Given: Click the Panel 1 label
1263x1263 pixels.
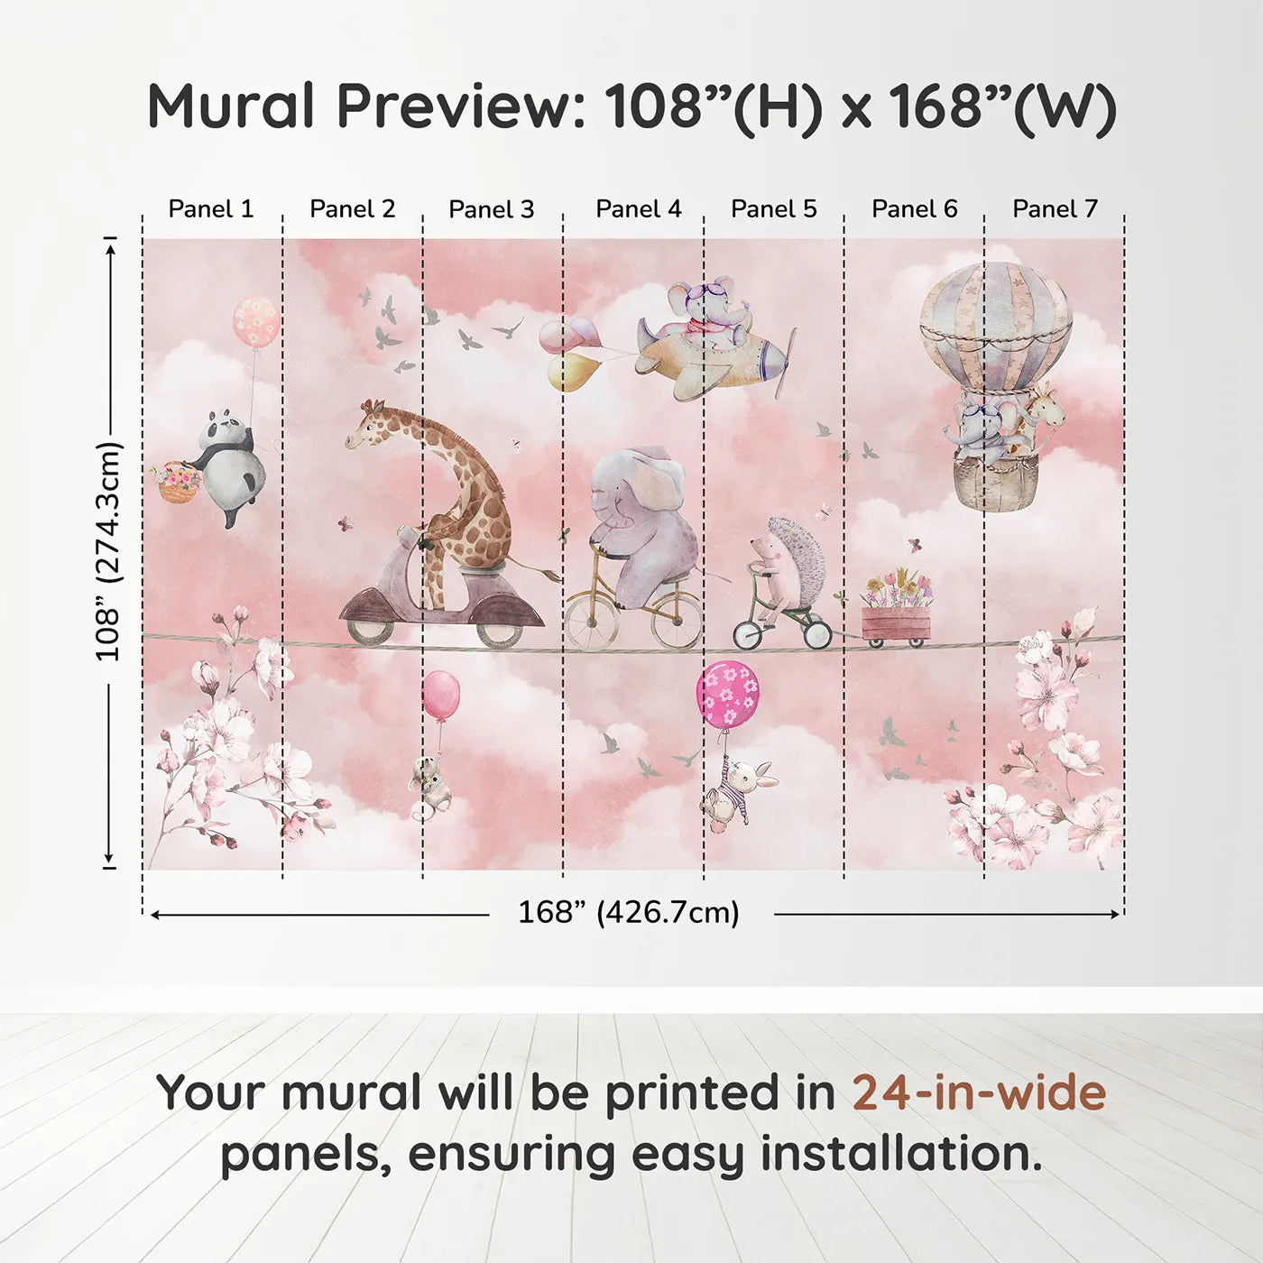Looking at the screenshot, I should point(211,209).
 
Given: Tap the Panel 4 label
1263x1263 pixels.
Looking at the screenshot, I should point(638,209).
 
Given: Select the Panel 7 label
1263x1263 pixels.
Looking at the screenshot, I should point(1055,209).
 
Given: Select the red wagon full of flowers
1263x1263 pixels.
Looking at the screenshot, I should point(895,622).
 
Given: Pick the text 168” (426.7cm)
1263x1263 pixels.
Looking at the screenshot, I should point(629,913).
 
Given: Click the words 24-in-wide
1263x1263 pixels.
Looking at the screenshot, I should point(979,1093).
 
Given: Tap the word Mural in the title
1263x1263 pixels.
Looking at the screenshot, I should point(230,106).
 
